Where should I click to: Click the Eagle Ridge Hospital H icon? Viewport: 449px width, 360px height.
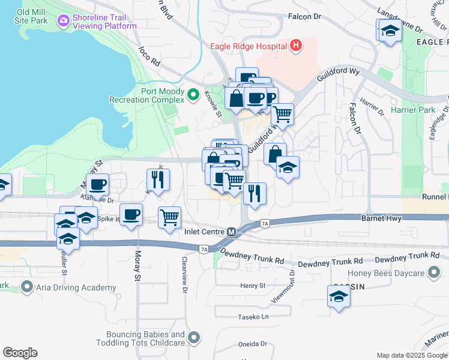[x=295, y=46]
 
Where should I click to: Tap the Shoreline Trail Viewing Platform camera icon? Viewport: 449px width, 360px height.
[x=63, y=22]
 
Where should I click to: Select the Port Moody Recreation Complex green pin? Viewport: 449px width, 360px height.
[x=193, y=95]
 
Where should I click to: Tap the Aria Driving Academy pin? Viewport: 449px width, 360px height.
[x=27, y=288]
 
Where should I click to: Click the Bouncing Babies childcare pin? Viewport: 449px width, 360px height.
[x=193, y=338]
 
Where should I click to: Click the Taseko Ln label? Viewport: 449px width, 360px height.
[x=253, y=316]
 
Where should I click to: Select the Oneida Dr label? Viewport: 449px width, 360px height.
[x=252, y=344]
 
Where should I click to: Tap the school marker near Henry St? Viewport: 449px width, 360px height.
[x=339, y=296]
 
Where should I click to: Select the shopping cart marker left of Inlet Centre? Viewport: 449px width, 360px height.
[x=170, y=217]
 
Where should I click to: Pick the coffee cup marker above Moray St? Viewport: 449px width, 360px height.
[x=130, y=214]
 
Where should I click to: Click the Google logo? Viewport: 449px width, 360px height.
[x=20, y=353]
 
